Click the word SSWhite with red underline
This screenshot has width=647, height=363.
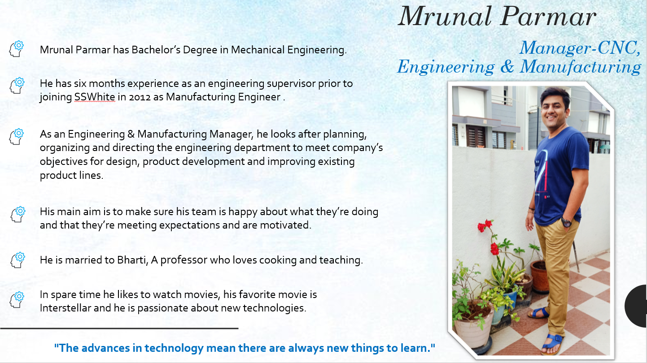coord(95,97)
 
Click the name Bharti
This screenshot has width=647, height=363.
coord(132,260)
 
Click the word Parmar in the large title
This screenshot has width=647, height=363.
coord(548,16)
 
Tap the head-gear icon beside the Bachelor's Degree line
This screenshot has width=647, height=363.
coord(17,48)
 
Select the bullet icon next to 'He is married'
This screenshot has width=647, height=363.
coord(18,260)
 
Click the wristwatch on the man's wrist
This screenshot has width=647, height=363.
coord(566,222)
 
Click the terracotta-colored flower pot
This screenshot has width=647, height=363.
coord(539,276)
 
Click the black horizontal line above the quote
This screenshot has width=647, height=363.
coord(119,328)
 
